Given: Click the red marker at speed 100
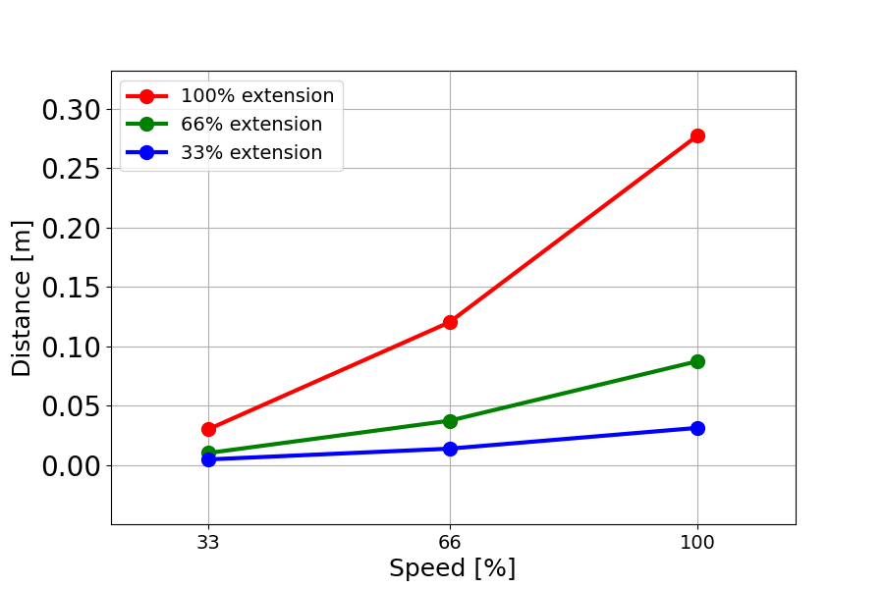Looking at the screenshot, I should [x=697, y=135].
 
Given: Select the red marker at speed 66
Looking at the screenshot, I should [x=450, y=322].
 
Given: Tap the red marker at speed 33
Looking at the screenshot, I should [x=208, y=429].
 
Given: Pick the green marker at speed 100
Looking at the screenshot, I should [x=697, y=361].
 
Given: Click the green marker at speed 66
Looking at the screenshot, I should [x=450, y=421].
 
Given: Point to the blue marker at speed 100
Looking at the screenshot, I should [x=697, y=428].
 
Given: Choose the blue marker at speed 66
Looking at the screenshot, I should [x=450, y=449].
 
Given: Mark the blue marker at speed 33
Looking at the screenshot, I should [x=208, y=459].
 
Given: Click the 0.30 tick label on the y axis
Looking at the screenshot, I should [x=71, y=110].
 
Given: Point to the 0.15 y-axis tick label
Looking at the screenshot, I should [x=71, y=288].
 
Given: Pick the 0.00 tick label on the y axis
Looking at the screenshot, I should [x=71, y=465].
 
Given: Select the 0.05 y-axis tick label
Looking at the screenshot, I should [x=71, y=406].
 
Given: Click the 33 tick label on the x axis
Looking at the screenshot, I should [x=208, y=541].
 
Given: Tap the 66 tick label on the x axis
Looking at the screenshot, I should [x=450, y=541].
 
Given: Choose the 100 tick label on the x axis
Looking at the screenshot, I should [x=697, y=541].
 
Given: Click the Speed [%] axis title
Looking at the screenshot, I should [x=452, y=568].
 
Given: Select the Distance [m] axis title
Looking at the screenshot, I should [x=22, y=297].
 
